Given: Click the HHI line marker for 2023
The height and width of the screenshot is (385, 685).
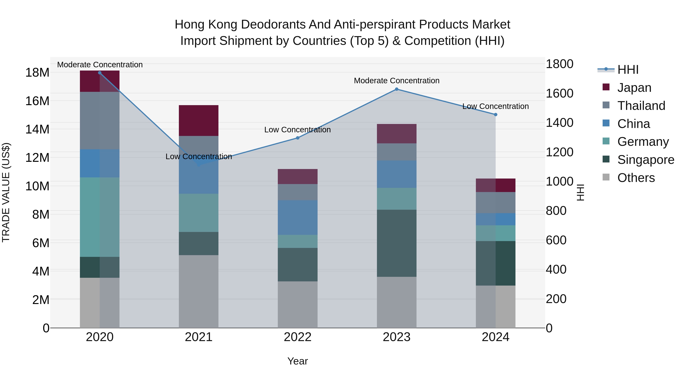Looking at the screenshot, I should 397,89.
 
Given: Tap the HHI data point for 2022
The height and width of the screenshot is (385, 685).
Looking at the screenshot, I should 298,138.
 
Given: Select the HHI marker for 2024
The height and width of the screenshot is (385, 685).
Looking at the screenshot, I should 495,114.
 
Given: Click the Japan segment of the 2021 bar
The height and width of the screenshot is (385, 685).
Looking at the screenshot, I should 199,120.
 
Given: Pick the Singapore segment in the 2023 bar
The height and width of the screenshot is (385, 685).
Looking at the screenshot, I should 397,243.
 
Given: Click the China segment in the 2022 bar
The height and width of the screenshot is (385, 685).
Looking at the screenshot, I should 298,217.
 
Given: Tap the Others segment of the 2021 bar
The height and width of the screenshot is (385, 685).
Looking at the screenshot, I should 199,291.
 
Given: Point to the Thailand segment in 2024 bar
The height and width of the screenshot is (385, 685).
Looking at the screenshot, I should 495,202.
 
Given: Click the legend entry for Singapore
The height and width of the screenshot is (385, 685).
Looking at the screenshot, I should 645,160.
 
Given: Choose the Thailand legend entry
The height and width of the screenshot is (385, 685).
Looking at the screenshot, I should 641,106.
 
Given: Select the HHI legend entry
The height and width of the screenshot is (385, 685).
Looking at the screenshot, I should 628,70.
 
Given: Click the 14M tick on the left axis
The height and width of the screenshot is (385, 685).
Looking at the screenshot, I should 37,129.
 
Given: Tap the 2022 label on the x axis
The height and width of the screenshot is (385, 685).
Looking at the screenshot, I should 298,337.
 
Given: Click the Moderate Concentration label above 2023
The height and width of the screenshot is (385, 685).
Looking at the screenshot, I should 397,80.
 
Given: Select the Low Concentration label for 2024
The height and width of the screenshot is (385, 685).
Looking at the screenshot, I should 495,106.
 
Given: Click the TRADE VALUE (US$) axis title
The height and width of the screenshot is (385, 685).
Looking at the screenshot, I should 6,192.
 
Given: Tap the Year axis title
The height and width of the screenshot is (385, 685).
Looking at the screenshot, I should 298,361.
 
